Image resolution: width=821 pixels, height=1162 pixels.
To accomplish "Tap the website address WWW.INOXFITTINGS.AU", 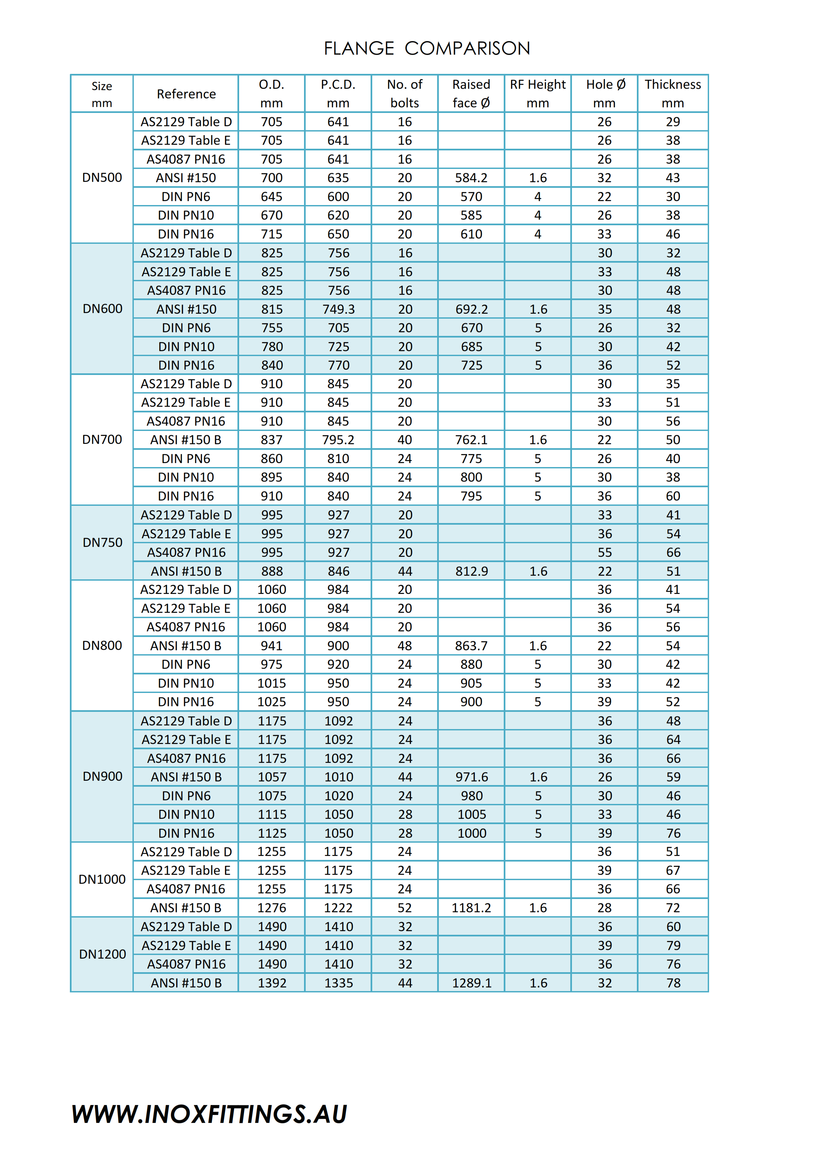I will click(209, 1114).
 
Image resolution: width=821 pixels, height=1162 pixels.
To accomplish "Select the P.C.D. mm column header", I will click(338, 94).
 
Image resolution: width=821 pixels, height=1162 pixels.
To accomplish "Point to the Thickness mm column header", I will click(672, 94).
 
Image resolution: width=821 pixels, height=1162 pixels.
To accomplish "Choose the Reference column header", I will click(186, 94).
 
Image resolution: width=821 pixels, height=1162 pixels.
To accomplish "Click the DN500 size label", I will click(102, 178).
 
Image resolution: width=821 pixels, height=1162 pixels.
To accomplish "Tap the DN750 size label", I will click(102, 543).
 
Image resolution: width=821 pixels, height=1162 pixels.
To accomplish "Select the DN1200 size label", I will click(102, 955).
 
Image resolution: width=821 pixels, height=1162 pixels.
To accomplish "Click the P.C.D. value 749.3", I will click(338, 309).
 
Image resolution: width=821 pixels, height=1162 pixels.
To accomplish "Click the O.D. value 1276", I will click(272, 908).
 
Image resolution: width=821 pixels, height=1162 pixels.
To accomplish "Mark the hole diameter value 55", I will click(604, 553).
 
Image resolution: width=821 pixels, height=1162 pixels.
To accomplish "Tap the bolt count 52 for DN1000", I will click(405, 908).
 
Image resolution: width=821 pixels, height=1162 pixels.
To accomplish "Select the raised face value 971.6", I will click(472, 777).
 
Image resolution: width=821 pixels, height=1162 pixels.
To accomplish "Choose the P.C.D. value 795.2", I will click(338, 440).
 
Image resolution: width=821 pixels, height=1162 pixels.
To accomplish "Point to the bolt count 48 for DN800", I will click(405, 646).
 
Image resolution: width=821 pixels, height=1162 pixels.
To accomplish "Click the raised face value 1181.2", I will click(471, 908).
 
